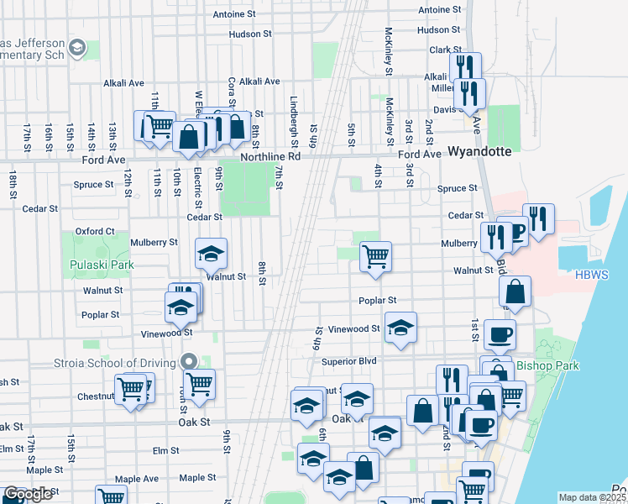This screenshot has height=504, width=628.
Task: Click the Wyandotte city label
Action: pos(479,153)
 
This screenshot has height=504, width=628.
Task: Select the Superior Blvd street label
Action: pos(349,361)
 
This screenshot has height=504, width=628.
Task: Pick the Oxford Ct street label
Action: pos(94,231)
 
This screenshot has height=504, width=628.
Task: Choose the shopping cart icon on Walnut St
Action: pos(375,255)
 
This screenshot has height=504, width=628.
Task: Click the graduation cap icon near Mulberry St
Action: pos(212,252)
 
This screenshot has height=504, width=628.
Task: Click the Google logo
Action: pos(28,494)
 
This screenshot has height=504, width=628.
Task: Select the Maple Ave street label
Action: pos(136,479)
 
